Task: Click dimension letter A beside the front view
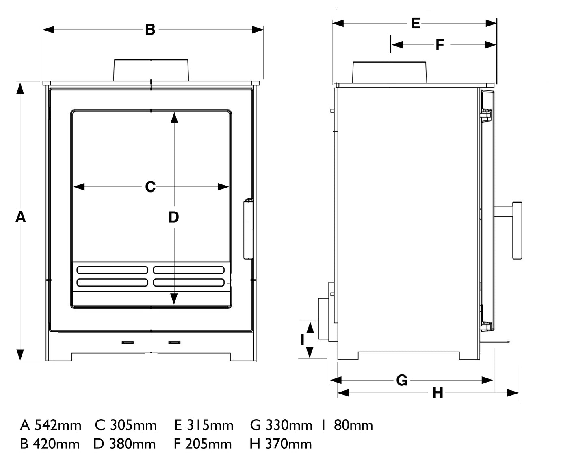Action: click(21, 217)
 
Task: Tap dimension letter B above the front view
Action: click(150, 30)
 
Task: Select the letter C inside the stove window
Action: click(150, 187)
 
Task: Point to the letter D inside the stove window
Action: click(174, 218)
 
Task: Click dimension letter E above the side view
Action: click(415, 23)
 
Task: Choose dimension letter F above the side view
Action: click(440, 45)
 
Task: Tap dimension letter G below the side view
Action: click(402, 381)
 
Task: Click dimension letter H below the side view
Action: click(438, 393)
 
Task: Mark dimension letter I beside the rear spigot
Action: click(302, 339)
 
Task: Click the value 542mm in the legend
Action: click(58, 426)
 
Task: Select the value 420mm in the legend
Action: click(56, 444)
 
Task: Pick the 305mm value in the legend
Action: click(133, 426)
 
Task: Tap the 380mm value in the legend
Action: click(132, 444)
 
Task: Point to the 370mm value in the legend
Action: click(288, 444)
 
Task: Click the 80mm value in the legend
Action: click(353, 426)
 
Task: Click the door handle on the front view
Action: click(248, 229)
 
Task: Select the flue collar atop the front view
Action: click(151, 70)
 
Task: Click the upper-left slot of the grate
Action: click(112, 270)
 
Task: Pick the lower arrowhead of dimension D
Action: click(174, 299)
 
